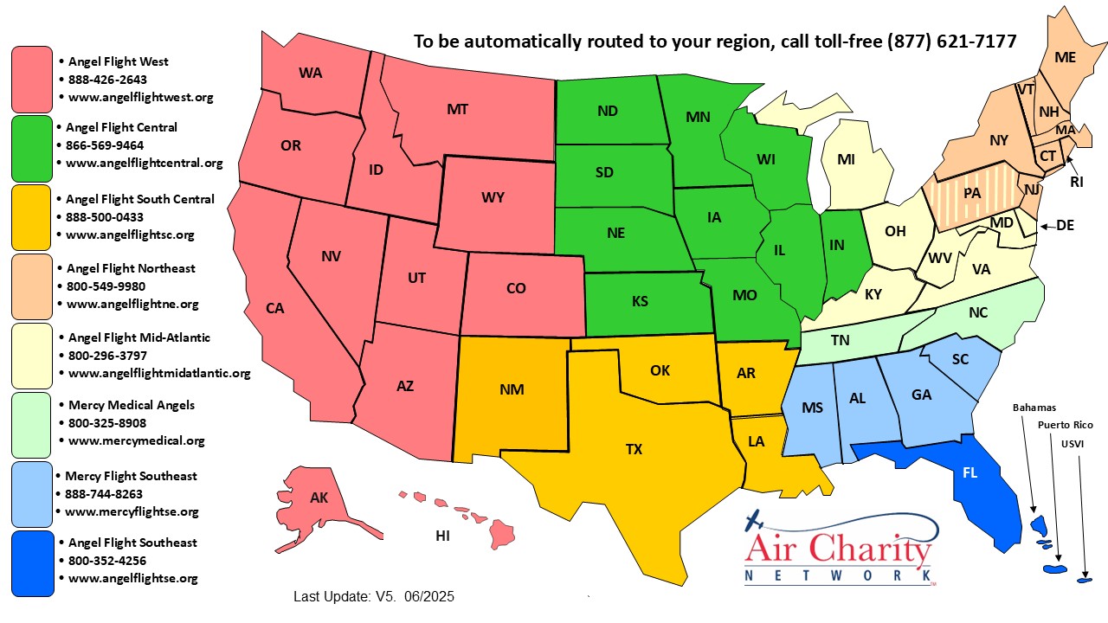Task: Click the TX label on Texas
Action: [x=635, y=449]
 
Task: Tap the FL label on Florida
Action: [x=969, y=473]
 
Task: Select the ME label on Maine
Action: [x=1065, y=57]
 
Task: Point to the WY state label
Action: [x=493, y=197]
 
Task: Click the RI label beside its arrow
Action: [x=1076, y=182]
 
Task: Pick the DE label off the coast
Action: [x=1065, y=225]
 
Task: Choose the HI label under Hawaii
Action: [x=442, y=536]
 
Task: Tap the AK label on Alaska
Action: [x=319, y=498]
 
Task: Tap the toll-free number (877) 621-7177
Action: [x=951, y=42]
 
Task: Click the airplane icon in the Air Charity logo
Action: [x=756, y=521]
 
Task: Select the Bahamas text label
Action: [x=1034, y=408]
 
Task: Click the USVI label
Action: [x=1072, y=444]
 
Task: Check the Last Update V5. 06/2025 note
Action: [x=374, y=596]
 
